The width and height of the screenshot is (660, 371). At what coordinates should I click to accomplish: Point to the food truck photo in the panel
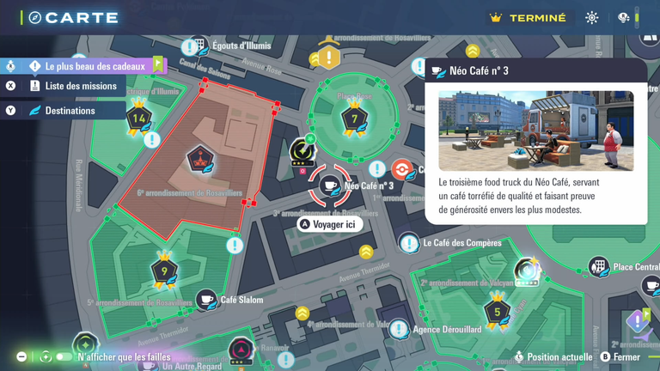pos(535,131)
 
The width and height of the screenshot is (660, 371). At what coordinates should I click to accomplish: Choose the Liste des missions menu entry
pos(80,86)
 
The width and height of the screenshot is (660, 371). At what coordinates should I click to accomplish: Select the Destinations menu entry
pos(70,111)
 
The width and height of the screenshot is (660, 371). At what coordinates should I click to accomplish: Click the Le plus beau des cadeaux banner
pos(95,66)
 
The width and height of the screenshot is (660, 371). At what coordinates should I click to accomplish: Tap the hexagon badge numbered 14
pos(139,119)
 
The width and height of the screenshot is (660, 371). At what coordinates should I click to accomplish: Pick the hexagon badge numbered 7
pos(354,119)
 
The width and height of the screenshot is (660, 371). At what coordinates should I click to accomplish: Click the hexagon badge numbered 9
pos(164,271)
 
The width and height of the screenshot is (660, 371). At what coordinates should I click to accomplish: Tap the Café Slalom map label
pos(241,300)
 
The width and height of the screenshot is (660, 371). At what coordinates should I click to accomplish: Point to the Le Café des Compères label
pos(461,243)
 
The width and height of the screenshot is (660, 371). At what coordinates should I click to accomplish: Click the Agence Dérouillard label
pos(447,329)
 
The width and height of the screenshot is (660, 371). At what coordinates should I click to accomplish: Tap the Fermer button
pos(626,357)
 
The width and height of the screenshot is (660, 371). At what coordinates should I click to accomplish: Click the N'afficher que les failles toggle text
pos(124,357)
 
